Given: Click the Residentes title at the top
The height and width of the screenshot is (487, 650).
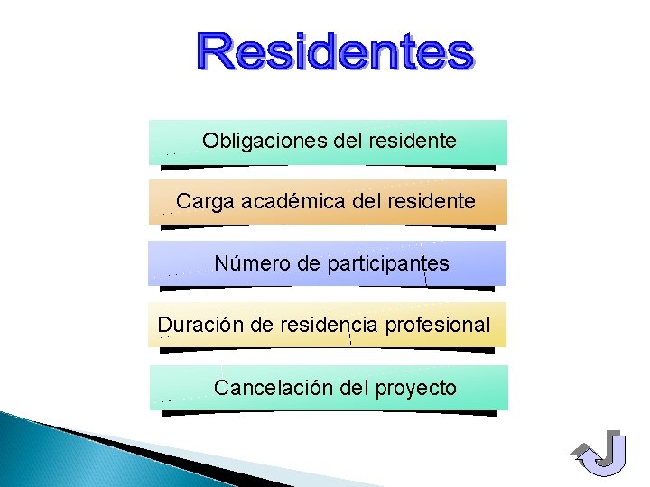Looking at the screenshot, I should point(335,53).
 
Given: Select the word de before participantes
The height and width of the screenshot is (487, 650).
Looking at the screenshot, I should point(308,264).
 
